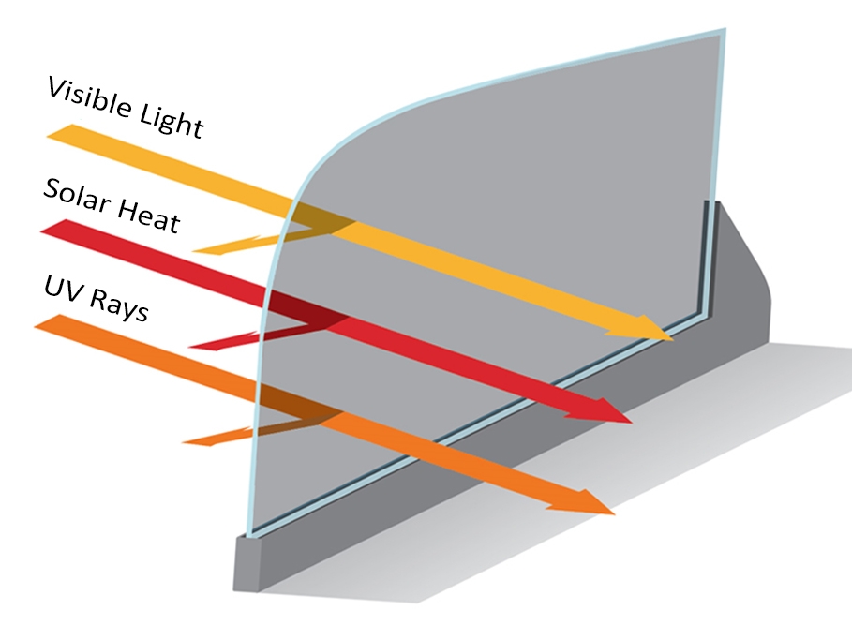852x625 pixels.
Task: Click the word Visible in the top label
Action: [89, 98]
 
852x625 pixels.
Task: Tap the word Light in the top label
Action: [172, 121]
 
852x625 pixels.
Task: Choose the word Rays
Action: [118, 306]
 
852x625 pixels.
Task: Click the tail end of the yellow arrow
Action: [60, 131]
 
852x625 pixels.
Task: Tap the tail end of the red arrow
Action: [53, 226]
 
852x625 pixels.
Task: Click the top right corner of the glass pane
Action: [725, 29]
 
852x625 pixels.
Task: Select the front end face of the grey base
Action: [247, 564]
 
